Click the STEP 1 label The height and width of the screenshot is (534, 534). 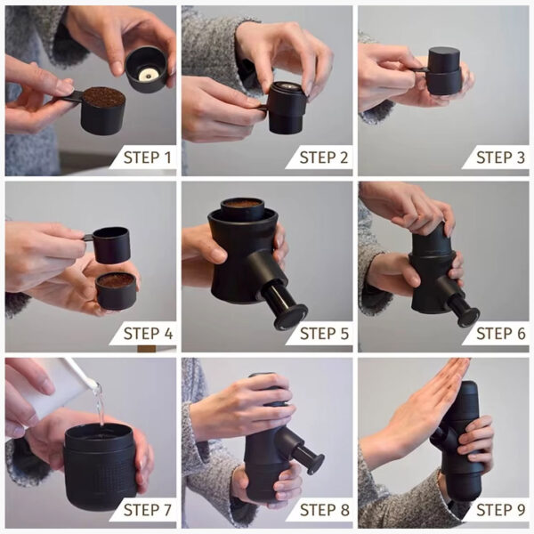pos(147,158)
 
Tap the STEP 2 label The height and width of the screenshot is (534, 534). pos(324,158)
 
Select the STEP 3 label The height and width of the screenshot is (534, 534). pos(500,158)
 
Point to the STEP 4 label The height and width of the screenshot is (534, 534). pos(147,334)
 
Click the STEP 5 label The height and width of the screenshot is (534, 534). pos(324,334)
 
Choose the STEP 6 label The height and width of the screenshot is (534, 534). pos(500,334)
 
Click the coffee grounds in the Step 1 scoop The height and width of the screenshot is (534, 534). pos(103,97)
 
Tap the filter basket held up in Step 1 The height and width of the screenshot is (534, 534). pos(146,68)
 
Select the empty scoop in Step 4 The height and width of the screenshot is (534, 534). pos(110,244)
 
